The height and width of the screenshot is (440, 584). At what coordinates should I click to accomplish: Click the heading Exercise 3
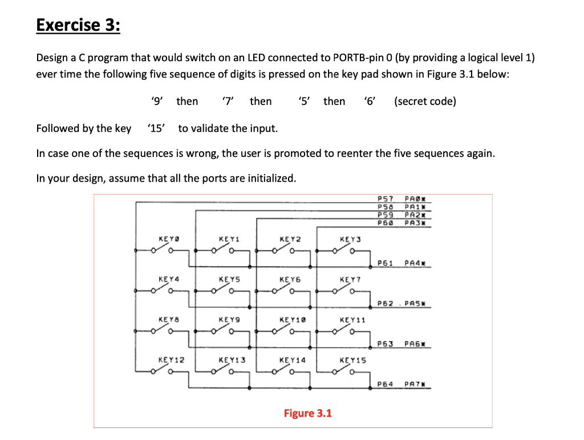pos(78,26)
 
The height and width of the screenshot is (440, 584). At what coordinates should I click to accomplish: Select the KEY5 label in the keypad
pos(230,280)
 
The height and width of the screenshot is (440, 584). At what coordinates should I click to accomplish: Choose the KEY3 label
pos(350,240)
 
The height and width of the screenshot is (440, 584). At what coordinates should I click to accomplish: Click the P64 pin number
pos(387,385)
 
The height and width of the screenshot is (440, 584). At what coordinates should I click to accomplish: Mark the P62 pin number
pos(387,303)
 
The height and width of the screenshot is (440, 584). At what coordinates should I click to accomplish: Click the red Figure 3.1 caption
pos(307,413)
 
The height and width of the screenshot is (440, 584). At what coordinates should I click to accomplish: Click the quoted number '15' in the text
pos(156,128)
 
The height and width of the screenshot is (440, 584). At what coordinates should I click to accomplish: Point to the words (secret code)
pos(425,102)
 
